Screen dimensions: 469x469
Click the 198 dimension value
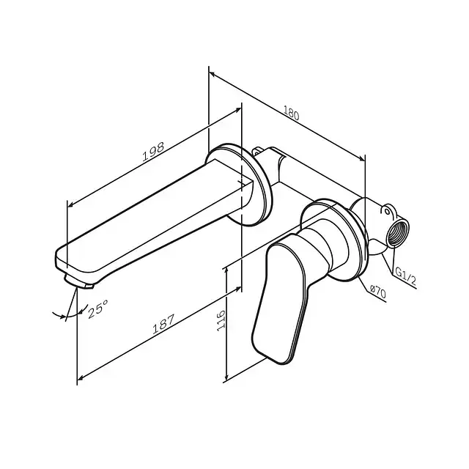(153, 152)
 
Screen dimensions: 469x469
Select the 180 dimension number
(291, 114)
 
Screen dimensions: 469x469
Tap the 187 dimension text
(163, 324)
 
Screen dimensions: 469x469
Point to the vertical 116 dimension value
(221, 321)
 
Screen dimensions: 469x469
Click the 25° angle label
(97, 309)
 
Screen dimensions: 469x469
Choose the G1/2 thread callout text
(405, 276)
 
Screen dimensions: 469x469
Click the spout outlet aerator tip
(78, 283)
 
